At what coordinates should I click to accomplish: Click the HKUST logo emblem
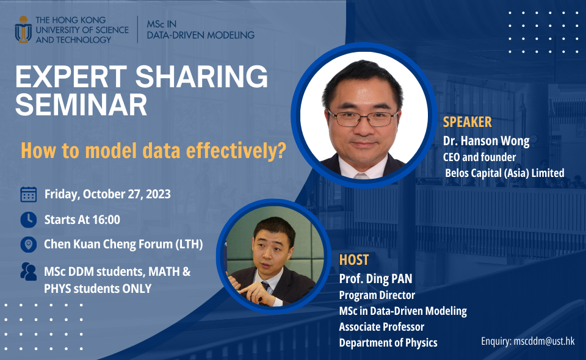tap(24, 29)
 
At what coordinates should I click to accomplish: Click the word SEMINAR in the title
tap(81, 105)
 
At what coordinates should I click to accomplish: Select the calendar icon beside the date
tap(28, 195)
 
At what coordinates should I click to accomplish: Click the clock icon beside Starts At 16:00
tap(28, 220)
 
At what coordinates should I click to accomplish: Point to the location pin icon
tap(28, 245)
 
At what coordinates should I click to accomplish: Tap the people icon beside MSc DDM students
tap(28, 272)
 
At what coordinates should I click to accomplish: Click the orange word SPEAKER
tap(467, 122)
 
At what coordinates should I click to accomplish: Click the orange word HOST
tap(354, 259)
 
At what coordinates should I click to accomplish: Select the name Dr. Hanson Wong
tap(486, 141)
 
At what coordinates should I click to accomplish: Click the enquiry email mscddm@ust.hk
tap(545, 342)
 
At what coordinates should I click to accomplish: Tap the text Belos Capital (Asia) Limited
tap(504, 173)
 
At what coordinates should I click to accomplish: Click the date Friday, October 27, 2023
tap(107, 195)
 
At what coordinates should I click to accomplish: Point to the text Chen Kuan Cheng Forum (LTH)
tap(123, 245)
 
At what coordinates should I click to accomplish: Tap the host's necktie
tap(266, 287)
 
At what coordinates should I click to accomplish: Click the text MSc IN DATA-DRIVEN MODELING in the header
tap(200, 29)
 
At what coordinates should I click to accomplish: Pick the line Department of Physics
tap(388, 342)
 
